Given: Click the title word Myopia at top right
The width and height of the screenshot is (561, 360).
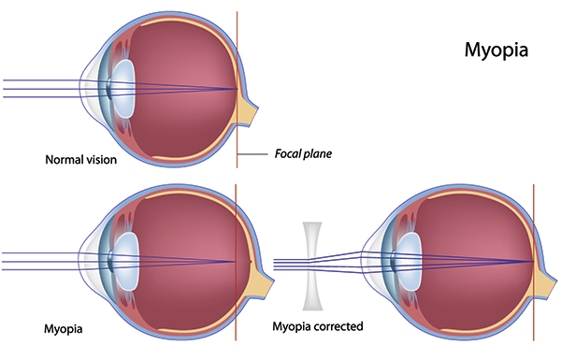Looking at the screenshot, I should [x=496, y=50].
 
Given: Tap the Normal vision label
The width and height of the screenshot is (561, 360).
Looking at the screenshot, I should [x=81, y=160].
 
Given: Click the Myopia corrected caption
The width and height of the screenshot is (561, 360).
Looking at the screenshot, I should [x=317, y=326].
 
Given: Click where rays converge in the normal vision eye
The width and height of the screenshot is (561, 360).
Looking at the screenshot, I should [x=237, y=89].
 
